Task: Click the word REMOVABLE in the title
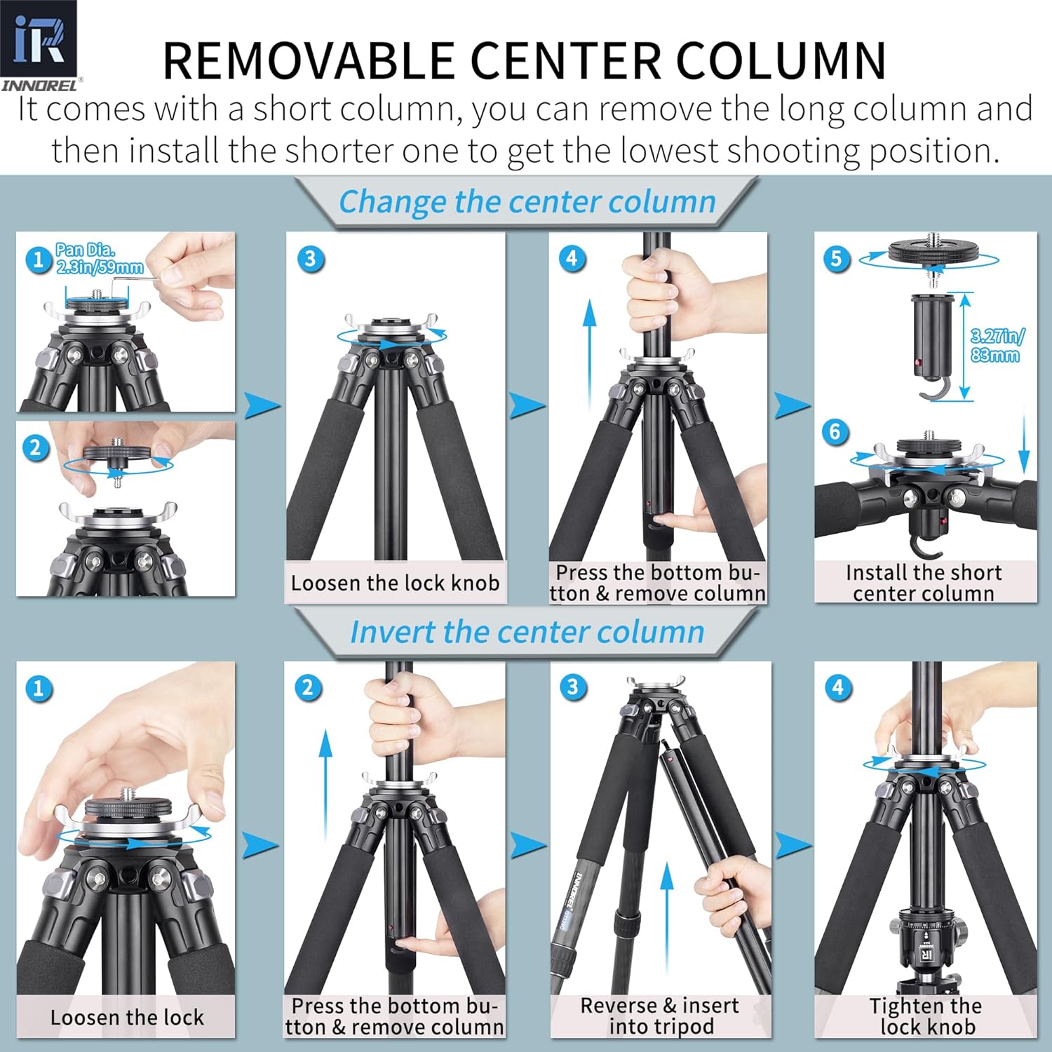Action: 309,61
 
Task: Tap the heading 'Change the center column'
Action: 527,202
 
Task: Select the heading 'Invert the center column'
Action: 527,632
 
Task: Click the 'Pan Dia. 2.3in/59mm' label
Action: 100,258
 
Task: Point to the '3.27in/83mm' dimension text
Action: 997,345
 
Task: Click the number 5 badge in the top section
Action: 836,259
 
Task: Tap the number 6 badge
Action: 835,432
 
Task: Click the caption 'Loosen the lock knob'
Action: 395,583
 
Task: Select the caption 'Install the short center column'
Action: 924,583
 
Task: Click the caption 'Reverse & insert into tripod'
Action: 660,1016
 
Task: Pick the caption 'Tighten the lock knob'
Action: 926,1016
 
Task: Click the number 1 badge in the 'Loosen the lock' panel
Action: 39,688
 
